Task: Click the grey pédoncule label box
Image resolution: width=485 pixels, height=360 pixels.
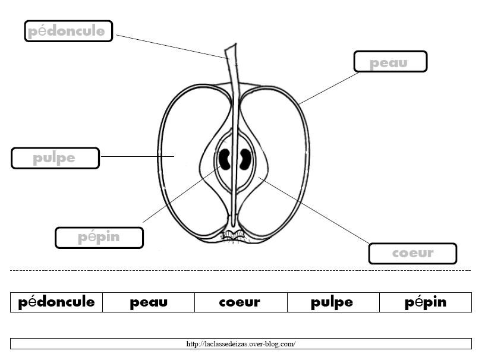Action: pyautogui.click(x=68, y=31)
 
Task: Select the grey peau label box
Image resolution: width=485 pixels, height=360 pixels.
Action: pyautogui.click(x=390, y=62)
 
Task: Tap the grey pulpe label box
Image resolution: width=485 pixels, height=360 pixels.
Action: pyautogui.click(x=55, y=158)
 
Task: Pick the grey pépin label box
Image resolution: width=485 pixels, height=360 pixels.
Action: pyautogui.click(x=99, y=238)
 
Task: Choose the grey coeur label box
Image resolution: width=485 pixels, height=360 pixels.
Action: pyautogui.click(x=412, y=253)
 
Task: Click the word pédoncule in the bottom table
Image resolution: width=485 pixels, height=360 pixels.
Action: pyautogui.click(x=56, y=302)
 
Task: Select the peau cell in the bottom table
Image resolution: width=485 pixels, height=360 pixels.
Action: pyautogui.click(x=149, y=302)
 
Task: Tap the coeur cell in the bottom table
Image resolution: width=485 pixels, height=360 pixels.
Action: pyautogui.click(x=241, y=302)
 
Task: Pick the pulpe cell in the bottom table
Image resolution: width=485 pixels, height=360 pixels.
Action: pyautogui.click(x=333, y=302)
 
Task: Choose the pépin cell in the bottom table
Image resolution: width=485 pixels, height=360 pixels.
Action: pyautogui.click(x=426, y=302)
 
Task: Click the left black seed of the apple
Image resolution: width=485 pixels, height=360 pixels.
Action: pyautogui.click(x=224, y=159)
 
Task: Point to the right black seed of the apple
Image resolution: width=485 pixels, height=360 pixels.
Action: pyautogui.click(x=245, y=159)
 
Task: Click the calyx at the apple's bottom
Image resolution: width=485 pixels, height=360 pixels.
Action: pyautogui.click(x=234, y=235)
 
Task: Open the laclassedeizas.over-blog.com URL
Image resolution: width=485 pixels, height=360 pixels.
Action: pyautogui.click(x=241, y=343)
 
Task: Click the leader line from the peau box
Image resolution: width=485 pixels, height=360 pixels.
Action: pyautogui.click(x=329, y=89)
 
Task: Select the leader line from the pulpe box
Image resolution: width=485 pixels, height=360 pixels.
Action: pyautogui.click(x=138, y=156)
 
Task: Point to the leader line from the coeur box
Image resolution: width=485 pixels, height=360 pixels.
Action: pyautogui.click(x=314, y=210)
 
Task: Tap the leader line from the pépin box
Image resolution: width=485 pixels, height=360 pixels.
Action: pyautogui.click(x=181, y=194)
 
